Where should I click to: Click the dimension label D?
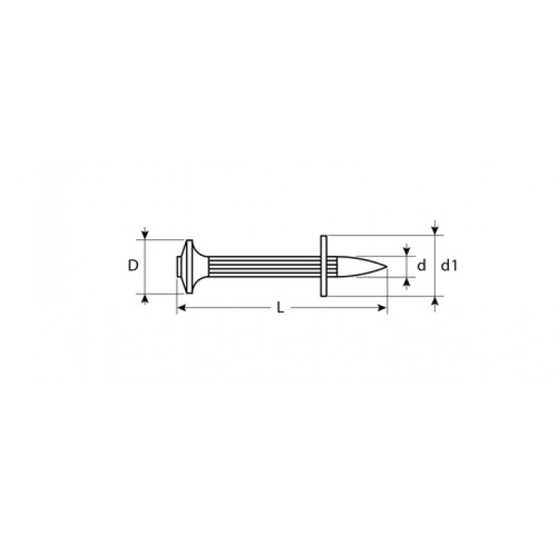pyautogui.click(x=133, y=265)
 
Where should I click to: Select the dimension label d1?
pyautogui.click(x=450, y=265)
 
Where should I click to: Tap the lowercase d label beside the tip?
pyautogui.click(x=421, y=265)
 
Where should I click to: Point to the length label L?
pyautogui.click(x=280, y=307)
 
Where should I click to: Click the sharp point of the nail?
pyautogui.click(x=387, y=266)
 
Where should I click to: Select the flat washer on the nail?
pyautogui.click(x=324, y=266)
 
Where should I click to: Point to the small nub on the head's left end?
pyautogui.click(x=178, y=266)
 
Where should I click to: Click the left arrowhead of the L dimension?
pyautogui.click(x=181, y=307)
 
